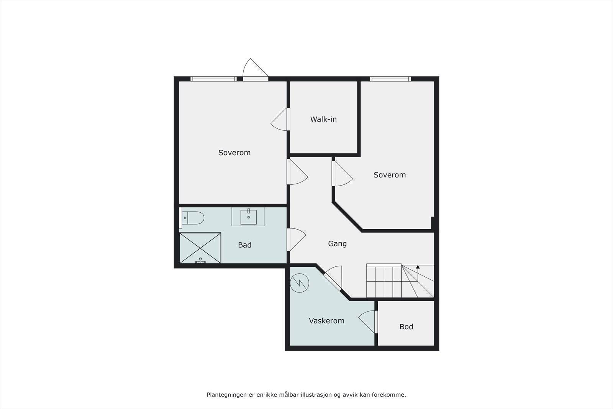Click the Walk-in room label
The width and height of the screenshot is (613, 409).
click(x=323, y=119)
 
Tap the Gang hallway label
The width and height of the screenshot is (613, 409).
click(x=337, y=243)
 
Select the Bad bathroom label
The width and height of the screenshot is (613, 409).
click(x=244, y=245)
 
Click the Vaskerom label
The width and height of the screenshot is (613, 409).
click(x=326, y=320)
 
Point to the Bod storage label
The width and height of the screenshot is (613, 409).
click(x=406, y=327)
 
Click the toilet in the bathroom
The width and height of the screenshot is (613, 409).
click(x=193, y=218)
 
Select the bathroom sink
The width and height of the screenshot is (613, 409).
click(x=248, y=217)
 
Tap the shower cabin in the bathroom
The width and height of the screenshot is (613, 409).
click(x=200, y=248)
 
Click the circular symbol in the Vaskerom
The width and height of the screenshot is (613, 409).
click(x=299, y=283)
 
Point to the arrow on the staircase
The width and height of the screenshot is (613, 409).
click(x=418, y=267)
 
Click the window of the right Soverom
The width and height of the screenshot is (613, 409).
click(x=390, y=79)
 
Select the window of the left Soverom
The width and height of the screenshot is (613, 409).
click(x=213, y=79)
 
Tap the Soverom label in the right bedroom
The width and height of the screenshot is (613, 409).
click(x=389, y=175)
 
